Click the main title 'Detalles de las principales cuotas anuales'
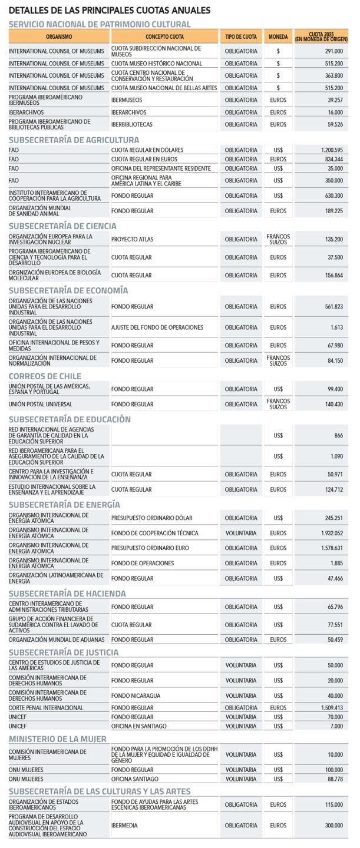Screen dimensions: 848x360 point(110,11)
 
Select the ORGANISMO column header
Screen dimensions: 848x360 point(58,37)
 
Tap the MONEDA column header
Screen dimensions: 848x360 point(278,37)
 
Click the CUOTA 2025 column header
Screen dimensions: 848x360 point(321,37)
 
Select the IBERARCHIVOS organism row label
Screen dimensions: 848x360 point(28,112)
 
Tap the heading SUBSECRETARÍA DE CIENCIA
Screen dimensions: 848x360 point(62,226)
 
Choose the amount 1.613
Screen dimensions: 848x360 point(336,327)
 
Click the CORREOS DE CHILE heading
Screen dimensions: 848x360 point(45,376)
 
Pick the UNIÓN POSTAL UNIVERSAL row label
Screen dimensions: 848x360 point(41,405)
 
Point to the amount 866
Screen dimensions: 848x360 point(338,436)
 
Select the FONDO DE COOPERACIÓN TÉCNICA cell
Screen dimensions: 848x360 point(154,534)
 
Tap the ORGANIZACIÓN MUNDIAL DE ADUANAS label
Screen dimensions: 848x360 point(57,640)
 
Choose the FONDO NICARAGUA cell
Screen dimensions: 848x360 point(136,696)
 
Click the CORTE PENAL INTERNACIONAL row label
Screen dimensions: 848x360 point(46,708)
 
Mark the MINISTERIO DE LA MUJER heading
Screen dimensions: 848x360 point(58,739)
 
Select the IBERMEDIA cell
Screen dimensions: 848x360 point(124,826)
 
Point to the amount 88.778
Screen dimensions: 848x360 point(333,779)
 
